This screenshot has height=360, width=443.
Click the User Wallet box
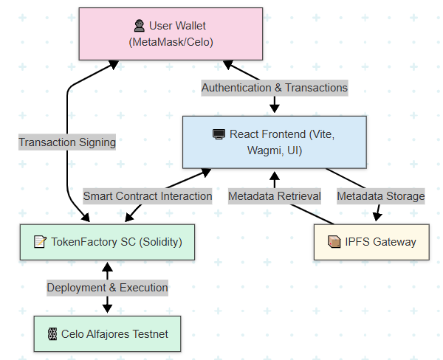click(x=171, y=34)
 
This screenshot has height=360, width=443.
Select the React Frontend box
click(x=274, y=142)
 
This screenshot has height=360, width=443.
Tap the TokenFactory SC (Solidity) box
click(x=107, y=242)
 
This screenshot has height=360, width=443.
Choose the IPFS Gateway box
click(x=371, y=242)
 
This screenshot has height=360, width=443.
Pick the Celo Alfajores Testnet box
click(x=107, y=334)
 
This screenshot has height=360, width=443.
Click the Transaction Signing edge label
click(x=67, y=142)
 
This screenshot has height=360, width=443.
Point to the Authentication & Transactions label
click(x=275, y=87)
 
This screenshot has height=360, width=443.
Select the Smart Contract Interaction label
click(x=148, y=196)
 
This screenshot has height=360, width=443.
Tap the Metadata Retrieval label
click(x=275, y=196)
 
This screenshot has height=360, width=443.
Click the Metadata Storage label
click(x=381, y=196)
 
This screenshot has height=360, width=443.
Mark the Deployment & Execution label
click(x=108, y=288)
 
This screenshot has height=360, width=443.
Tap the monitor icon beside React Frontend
click(x=219, y=134)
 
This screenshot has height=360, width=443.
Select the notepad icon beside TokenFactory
click(x=40, y=242)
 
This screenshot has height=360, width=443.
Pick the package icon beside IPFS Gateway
click(x=333, y=242)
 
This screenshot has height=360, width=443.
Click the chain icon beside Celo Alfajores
click(x=52, y=334)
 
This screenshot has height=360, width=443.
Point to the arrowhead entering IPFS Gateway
click(x=378, y=217)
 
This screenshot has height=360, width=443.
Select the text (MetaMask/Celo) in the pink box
click(x=171, y=42)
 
